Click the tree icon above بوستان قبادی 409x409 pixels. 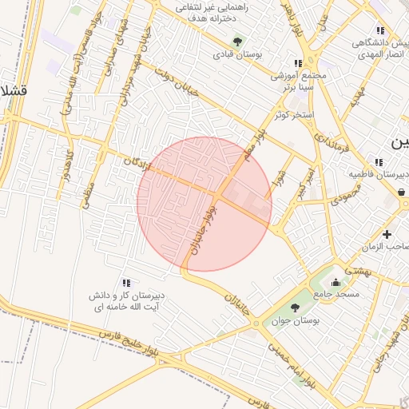236,41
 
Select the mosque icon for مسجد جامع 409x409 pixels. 336,282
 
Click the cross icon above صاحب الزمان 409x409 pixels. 387,234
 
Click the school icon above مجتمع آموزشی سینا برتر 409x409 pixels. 298,63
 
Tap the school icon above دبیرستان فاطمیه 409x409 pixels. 379,162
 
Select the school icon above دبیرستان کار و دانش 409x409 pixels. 125,283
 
